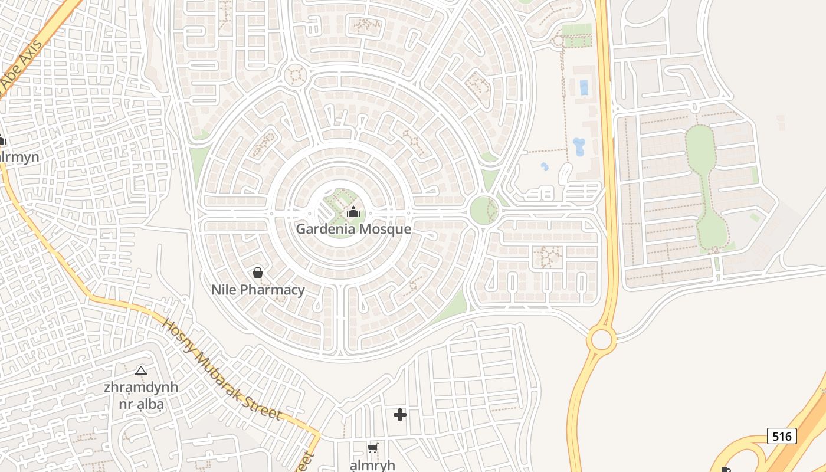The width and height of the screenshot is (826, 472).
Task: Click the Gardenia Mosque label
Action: tap(353, 229)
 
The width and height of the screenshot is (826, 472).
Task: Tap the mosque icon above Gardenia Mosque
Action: tap(353, 212)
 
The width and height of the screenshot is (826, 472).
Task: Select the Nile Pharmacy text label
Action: tap(258, 290)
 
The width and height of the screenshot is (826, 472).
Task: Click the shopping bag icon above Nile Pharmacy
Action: tap(257, 273)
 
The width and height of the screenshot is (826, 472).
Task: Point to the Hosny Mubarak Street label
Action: tap(221, 369)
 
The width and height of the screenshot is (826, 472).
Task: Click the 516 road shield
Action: tap(782, 436)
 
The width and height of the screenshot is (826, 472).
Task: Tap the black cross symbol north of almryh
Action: tap(400, 415)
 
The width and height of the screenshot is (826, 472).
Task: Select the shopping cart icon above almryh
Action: tap(372, 448)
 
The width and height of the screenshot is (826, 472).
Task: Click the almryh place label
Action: tap(372, 464)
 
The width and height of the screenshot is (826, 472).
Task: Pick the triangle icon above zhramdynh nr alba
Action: tap(140, 371)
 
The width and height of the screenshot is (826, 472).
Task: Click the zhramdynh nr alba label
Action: tap(140, 396)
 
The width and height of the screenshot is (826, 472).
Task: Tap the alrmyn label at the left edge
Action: tap(19, 157)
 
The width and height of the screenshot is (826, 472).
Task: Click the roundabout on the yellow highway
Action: tap(601, 340)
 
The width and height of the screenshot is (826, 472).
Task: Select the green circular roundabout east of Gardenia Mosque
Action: tap(484, 211)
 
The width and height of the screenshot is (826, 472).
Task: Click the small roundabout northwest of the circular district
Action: tap(294, 76)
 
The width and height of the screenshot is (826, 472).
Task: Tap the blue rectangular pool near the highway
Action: tap(584, 88)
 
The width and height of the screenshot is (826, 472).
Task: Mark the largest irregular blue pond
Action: tap(579, 146)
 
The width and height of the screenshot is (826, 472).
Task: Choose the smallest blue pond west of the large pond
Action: tap(545, 167)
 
